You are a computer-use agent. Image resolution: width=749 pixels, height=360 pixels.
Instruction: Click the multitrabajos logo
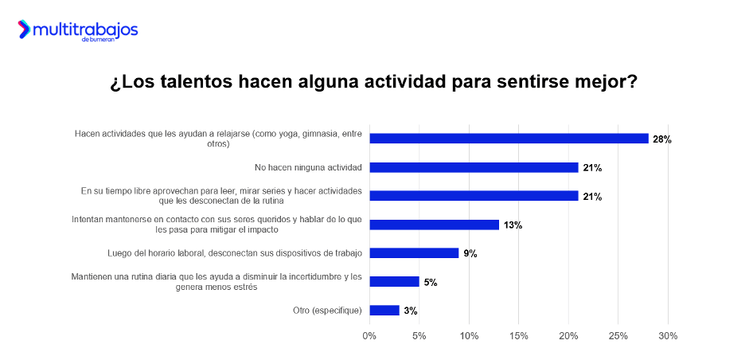tap(78, 31)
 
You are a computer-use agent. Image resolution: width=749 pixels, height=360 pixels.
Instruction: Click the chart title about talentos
tap(374, 83)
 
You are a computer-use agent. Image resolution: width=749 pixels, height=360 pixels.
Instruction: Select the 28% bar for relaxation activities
tap(509, 139)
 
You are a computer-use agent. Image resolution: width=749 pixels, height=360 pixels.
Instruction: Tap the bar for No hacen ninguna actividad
tap(474, 167)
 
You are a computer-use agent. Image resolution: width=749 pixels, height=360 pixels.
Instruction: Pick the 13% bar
tap(435, 225)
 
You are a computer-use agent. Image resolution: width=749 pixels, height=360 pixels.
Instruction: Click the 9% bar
tap(415, 253)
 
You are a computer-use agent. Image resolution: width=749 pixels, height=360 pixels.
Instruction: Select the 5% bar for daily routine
tap(395, 281)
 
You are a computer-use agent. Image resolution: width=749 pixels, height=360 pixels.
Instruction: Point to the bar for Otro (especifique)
tap(384, 310)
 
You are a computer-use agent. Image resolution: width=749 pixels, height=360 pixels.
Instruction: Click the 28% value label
tap(662, 139)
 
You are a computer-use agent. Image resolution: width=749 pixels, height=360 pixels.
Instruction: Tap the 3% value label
tap(411, 311)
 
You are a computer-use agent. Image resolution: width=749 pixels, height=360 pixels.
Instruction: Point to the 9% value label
tap(470, 254)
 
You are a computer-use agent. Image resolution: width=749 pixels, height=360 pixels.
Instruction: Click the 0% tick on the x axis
tap(369, 336)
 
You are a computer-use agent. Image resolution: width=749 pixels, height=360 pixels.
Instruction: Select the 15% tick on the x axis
tap(518, 336)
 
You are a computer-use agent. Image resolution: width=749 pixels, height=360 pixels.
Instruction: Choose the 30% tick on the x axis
tap(668, 336)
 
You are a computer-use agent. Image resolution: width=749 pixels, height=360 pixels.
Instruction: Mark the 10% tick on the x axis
tap(469, 336)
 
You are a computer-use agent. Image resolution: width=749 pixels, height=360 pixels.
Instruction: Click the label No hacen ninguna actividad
tap(308, 167)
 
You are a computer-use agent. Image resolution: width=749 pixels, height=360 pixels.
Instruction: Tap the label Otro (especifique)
tap(328, 310)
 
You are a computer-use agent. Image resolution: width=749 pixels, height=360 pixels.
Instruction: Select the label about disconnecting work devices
tap(235, 253)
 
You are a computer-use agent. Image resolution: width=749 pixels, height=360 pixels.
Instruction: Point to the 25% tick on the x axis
tap(618, 336)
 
